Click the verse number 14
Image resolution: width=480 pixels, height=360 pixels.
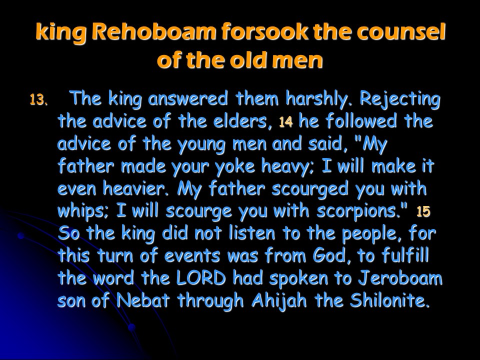click(x=286, y=122)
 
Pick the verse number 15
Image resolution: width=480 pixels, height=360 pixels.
click(x=423, y=211)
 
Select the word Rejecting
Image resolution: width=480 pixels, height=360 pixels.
click(x=400, y=99)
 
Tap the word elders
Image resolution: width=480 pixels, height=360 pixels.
click(x=240, y=121)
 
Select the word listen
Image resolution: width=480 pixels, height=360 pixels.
click(x=252, y=233)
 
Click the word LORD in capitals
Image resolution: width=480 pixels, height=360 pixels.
click(x=201, y=278)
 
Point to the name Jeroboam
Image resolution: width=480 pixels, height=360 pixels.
click(x=400, y=278)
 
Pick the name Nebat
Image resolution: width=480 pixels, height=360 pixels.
click(x=142, y=300)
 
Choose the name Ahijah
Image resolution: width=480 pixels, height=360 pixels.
click(x=279, y=300)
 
